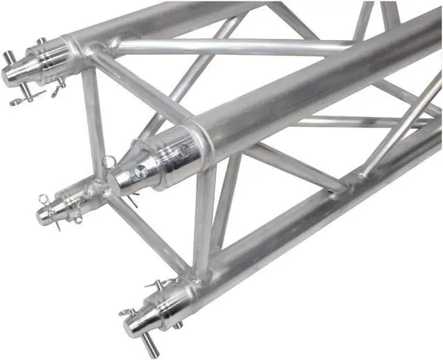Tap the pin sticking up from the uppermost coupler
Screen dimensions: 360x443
coord(42,41)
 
